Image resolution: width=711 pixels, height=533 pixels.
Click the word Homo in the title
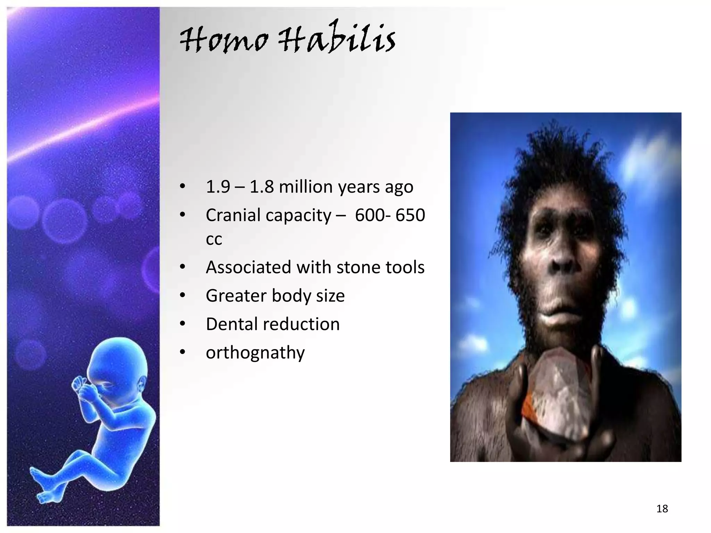point(224,41)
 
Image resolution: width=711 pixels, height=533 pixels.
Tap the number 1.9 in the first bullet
point(218,187)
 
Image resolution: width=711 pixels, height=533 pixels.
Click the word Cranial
point(233,215)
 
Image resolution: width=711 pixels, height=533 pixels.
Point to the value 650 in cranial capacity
point(410,215)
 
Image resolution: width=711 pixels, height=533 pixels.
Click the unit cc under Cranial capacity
point(214,239)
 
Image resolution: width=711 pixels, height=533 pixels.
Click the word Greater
point(236,296)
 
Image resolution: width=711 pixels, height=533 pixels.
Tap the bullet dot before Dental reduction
point(183,324)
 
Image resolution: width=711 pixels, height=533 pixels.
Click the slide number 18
point(662,509)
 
